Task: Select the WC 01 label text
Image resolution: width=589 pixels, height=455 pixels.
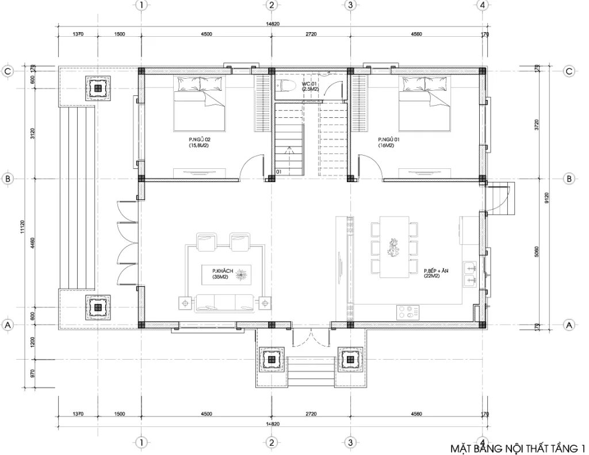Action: coord(310,86)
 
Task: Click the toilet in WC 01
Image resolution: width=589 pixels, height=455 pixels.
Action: coord(285,86)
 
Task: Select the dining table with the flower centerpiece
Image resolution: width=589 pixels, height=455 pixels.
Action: coord(394,247)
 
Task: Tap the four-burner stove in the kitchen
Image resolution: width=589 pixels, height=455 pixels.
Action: coord(407,311)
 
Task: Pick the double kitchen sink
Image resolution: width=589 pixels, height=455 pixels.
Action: coord(471,273)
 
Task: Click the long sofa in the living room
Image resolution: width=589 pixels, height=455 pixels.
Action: coord(225,302)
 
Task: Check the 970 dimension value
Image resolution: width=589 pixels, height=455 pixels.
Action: coord(33,374)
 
